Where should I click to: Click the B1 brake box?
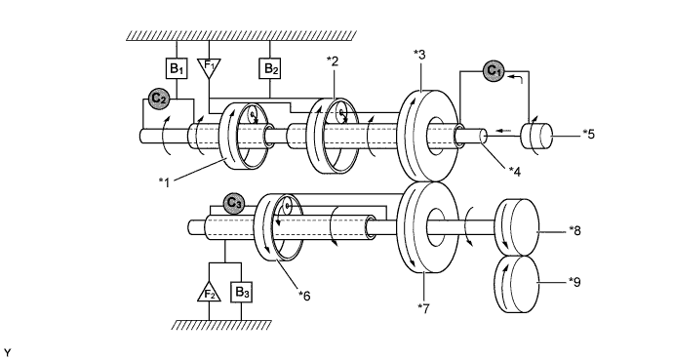[x=177, y=68]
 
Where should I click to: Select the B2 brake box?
[x=270, y=68]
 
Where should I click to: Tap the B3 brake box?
[x=241, y=293]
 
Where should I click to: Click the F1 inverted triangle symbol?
[x=209, y=67]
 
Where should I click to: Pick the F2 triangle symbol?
[x=209, y=292]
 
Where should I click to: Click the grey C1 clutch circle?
[x=495, y=71]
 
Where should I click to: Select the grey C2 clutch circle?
[x=159, y=99]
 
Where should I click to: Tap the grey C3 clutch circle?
[x=233, y=203]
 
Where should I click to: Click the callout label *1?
[x=165, y=182]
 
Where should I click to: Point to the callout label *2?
[x=333, y=60]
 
